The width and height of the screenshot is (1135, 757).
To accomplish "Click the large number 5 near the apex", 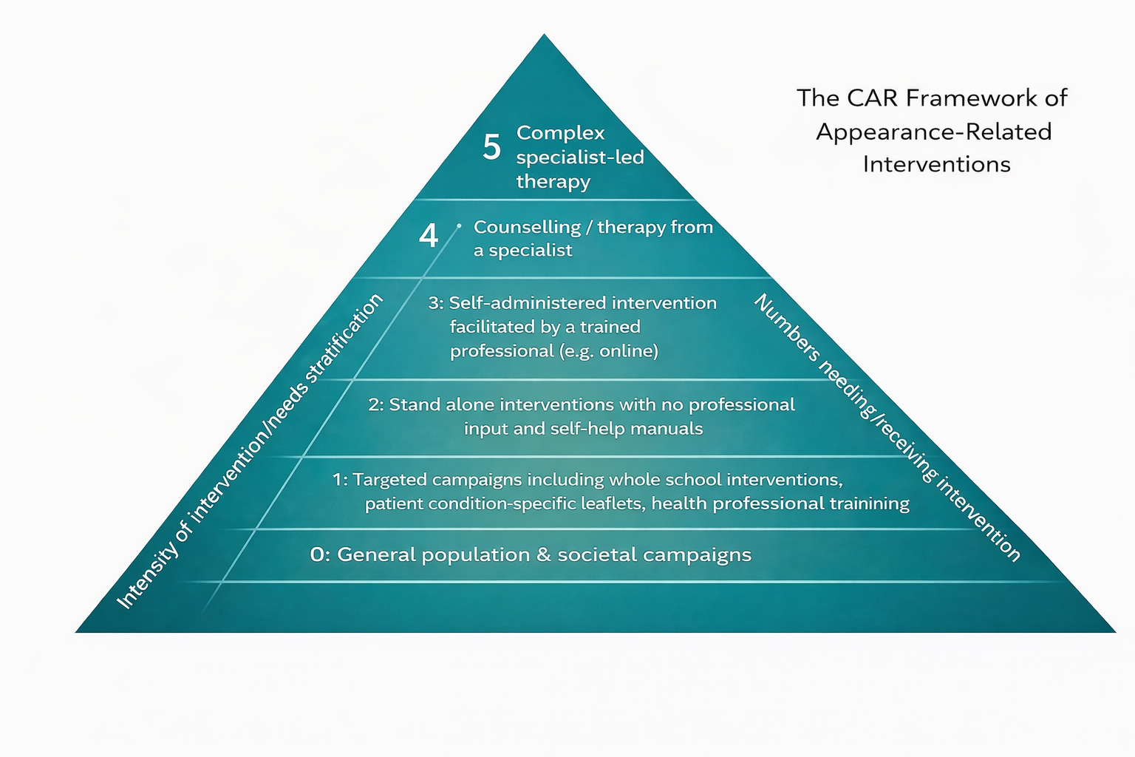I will (x=491, y=147).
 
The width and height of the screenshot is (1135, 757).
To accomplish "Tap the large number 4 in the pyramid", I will (x=429, y=236).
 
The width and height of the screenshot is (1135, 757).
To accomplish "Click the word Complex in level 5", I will (x=560, y=133).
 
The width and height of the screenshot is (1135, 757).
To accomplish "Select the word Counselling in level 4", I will (x=527, y=227).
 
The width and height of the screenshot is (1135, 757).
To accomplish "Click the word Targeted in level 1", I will (x=389, y=480).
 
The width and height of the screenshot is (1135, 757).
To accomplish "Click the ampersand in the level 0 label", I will (x=544, y=555).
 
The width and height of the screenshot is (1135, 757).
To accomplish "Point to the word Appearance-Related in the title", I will (x=933, y=132).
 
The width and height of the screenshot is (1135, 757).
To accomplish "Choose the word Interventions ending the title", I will (x=936, y=164).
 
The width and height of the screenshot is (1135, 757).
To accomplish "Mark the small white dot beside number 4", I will (x=459, y=225).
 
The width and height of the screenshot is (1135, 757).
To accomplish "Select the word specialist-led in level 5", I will (x=579, y=157).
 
